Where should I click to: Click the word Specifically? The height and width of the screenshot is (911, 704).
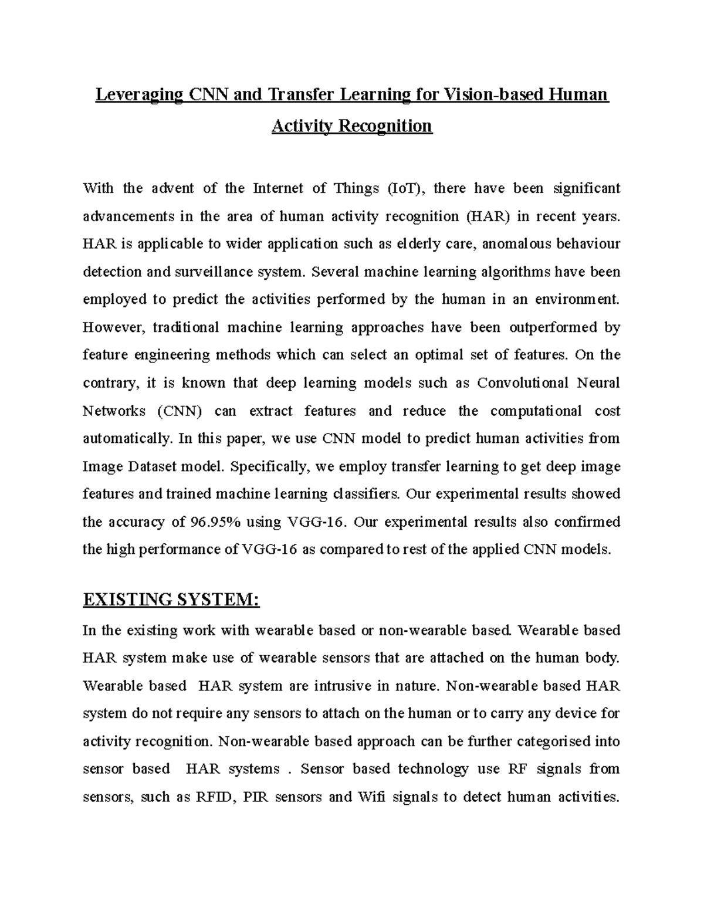coord(270,466)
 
